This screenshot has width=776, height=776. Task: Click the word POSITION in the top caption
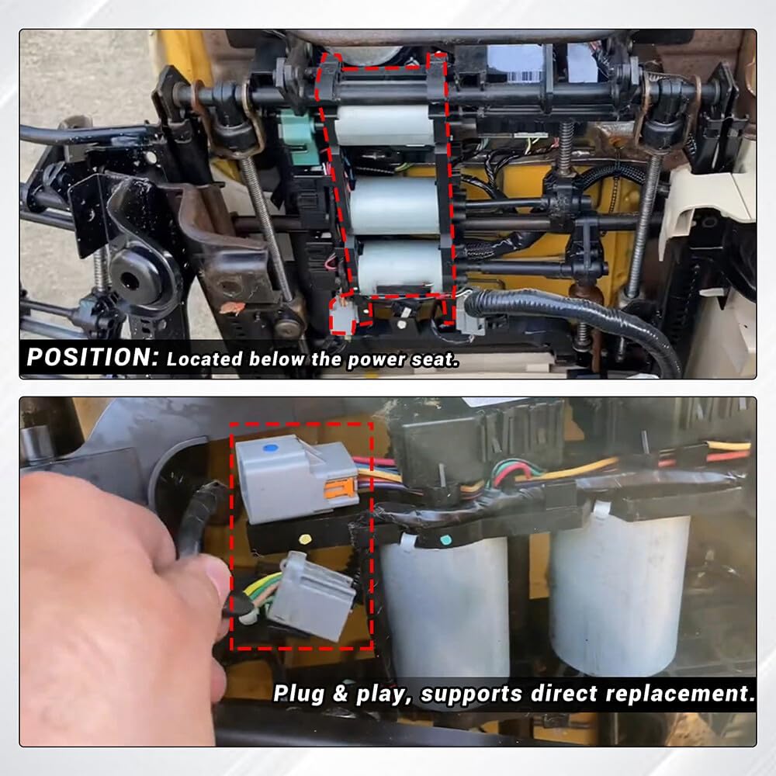(x=92, y=357)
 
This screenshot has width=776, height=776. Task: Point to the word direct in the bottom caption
(x=563, y=693)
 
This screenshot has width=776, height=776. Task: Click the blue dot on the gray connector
(x=270, y=449)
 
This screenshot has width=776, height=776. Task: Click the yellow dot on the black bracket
(x=305, y=538)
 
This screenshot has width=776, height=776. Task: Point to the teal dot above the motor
(x=445, y=539)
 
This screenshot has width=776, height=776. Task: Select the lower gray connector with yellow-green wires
(x=311, y=596)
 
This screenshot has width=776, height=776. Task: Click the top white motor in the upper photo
(x=383, y=125)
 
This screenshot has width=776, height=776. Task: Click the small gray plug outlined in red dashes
(x=343, y=316)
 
